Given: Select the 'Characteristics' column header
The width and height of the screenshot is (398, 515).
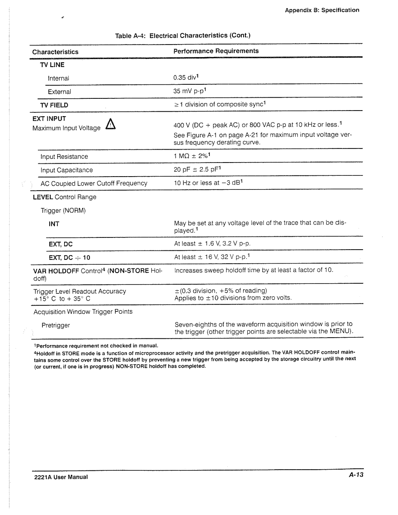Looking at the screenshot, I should [x=55, y=52].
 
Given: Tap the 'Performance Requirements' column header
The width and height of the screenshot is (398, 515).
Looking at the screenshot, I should [x=216, y=51].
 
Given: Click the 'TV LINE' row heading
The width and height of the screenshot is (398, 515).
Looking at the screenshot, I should [x=52, y=65].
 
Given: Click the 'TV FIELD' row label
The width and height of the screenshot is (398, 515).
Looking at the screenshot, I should [x=54, y=105].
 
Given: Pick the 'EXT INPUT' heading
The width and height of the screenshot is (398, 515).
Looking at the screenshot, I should [x=49, y=119].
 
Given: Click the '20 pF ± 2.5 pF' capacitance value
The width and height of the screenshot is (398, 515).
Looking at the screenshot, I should [x=196, y=170].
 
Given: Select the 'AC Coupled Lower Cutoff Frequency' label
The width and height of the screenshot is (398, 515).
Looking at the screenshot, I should [x=94, y=183].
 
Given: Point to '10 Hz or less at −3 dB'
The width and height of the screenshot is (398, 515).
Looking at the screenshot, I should [x=207, y=183].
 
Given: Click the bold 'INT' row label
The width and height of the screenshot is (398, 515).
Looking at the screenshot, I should [x=54, y=224].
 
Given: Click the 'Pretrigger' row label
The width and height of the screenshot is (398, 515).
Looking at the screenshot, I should [x=55, y=325].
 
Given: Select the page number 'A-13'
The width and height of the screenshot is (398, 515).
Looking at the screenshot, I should [x=356, y=475].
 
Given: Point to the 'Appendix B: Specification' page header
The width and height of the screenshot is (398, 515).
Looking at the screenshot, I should [x=322, y=10].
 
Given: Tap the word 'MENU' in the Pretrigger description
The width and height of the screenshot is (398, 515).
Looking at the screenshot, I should [x=339, y=331].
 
